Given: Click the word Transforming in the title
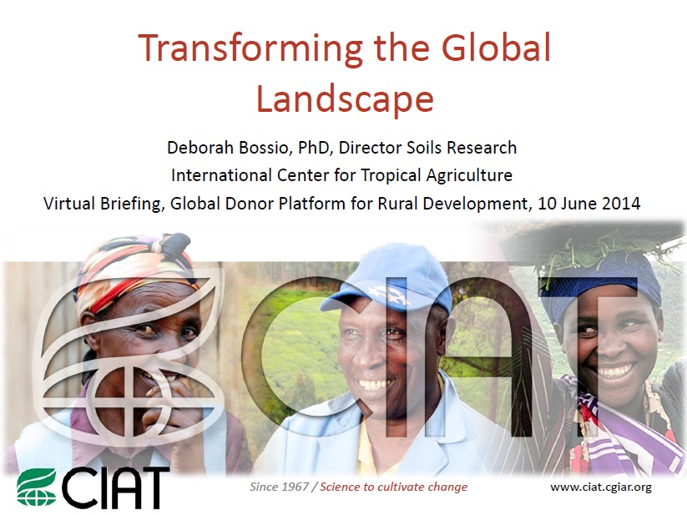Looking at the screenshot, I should [230, 48].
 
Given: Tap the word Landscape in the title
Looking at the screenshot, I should [344, 98].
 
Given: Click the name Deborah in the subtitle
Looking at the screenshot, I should [200, 148].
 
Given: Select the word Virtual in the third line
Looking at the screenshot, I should [70, 203].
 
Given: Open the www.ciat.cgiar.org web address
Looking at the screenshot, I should [600, 487].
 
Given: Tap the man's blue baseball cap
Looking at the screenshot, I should [391, 280].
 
